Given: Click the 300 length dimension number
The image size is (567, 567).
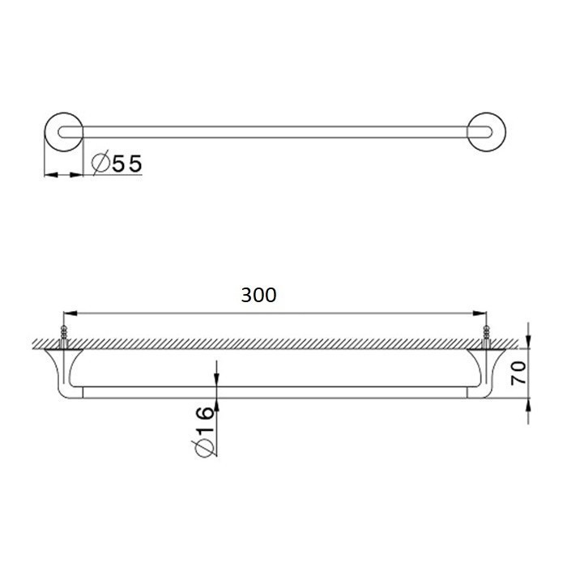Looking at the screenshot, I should coord(259,296).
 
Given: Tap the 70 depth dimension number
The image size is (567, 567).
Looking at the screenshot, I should coord(519,373).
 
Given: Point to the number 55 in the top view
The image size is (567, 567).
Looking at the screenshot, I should coord(127,164).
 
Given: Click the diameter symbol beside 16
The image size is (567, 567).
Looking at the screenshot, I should coord(204,448).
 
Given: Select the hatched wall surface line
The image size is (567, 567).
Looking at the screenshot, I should coord(275,344).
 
